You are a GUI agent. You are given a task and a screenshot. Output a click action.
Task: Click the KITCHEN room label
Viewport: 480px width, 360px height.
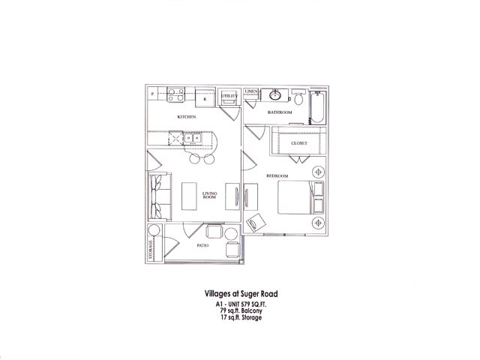point(187,118)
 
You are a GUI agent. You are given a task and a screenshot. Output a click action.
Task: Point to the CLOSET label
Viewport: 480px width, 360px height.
point(300,142)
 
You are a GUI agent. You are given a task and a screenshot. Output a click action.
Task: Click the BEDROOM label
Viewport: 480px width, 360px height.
point(276,175)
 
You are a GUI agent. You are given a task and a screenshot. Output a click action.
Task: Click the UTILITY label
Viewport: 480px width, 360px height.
point(229,97)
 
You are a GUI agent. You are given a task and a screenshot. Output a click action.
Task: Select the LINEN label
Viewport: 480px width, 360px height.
point(251,92)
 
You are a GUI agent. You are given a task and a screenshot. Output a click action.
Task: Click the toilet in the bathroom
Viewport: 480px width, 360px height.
point(298,97)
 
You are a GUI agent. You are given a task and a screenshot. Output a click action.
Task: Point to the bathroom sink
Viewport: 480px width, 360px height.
point(275,95)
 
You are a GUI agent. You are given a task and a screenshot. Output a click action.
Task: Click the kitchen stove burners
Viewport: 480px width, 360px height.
point(177,94)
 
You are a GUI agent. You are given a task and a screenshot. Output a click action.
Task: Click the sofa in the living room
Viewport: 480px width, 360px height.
point(157,196)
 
